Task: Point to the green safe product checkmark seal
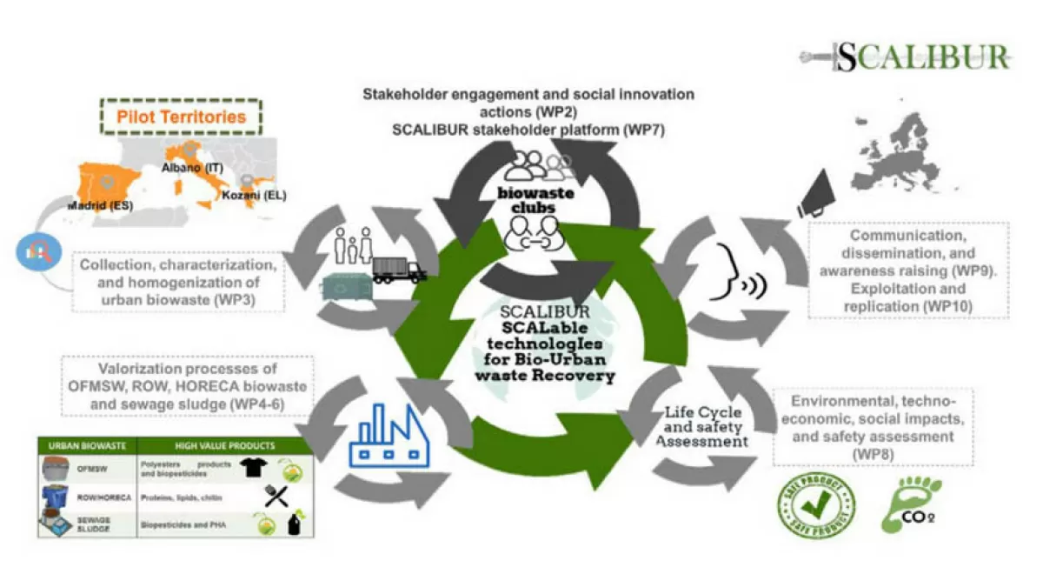[x=814, y=505]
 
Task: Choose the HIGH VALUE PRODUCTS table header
[x=223, y=446]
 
